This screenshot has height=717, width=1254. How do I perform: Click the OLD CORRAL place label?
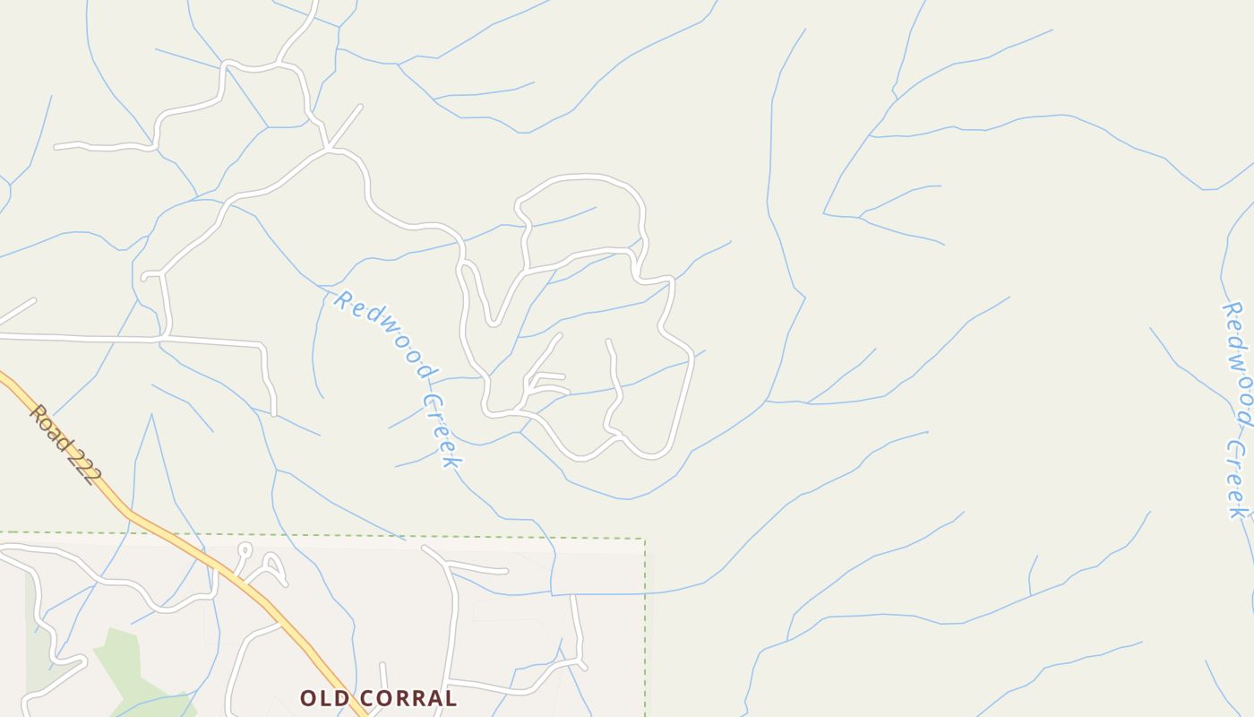pyautogui.click(x=378, y=697)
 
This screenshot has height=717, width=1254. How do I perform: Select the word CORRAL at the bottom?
pyautogui.click(x=406, y=697)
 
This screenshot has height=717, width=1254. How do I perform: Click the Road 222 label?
pyautogui.click(x=62, y=445)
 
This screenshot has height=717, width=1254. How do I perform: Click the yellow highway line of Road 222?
pyautogui.click(x=179, y=538)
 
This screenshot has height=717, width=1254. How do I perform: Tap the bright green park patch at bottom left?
pyautogui.click(x=125, y=663)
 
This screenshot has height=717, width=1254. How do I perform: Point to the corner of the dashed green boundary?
pyautogui.click(x=644, y=540)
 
